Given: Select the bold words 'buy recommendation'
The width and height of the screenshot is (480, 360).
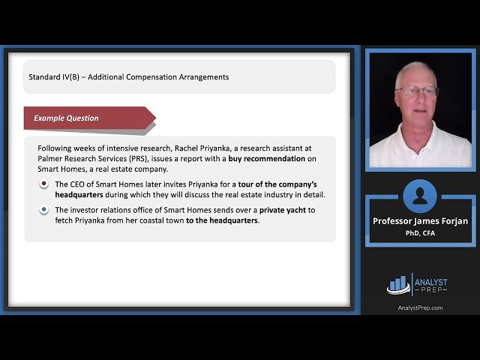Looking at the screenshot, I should [267, 159].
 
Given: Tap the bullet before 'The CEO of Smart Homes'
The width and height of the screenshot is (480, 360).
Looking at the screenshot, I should [44, 184].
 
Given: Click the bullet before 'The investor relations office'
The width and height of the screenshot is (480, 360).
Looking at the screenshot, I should [44, 210].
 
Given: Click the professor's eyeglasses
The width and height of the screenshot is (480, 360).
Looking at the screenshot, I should [418, 91].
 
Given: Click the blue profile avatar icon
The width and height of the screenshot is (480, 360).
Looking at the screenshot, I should [420, 196].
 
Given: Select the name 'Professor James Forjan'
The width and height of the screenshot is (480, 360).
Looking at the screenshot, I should [420, 221].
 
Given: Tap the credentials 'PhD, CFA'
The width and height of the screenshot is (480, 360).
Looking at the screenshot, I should [420, 232].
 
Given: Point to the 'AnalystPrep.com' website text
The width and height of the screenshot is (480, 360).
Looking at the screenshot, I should [420, 307].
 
